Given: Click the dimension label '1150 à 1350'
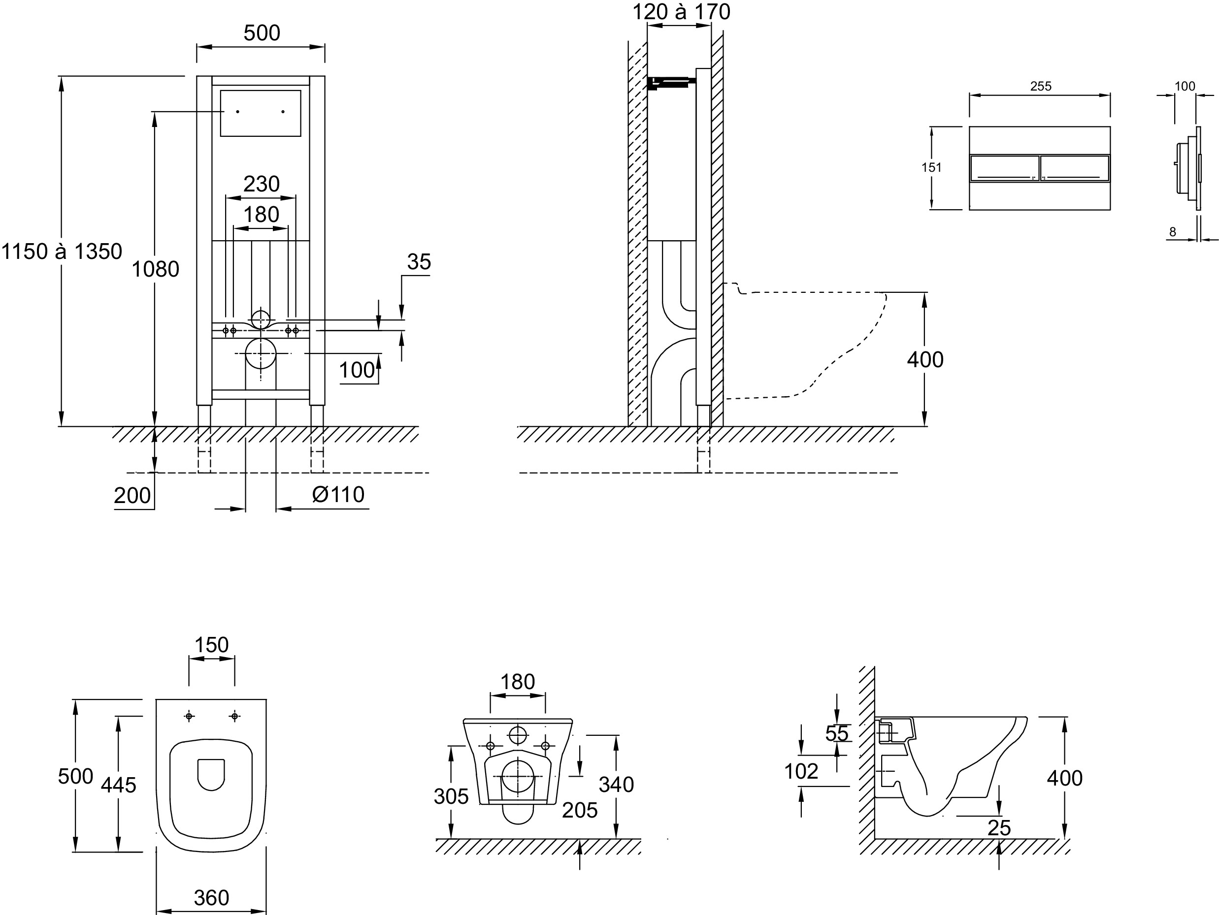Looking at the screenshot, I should click(62, 252).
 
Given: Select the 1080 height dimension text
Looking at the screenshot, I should click(156, 269).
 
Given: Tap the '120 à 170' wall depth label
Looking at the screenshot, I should click(681, 12).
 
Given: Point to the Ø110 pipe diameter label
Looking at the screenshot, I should click(338, 495).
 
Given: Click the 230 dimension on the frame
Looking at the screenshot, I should click(261, 184).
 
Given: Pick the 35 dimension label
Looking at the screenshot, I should click(419, 262).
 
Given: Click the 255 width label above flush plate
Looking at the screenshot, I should click(1040, 87).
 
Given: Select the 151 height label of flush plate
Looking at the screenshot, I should click(931, 167).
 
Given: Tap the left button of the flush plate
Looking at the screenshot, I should click(1004, 168).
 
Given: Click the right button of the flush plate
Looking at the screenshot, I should click(1075, 168).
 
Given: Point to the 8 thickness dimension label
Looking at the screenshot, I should click(1173, 232).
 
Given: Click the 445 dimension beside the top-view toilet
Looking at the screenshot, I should click(119, 785).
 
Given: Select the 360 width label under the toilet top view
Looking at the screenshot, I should click(212, 898).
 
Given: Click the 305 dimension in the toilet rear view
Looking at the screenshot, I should click(451, 796).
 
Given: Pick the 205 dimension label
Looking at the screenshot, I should click(580, 810).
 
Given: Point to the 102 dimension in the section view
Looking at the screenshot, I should click(801, 772).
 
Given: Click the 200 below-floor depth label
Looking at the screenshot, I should click(132, 496).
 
